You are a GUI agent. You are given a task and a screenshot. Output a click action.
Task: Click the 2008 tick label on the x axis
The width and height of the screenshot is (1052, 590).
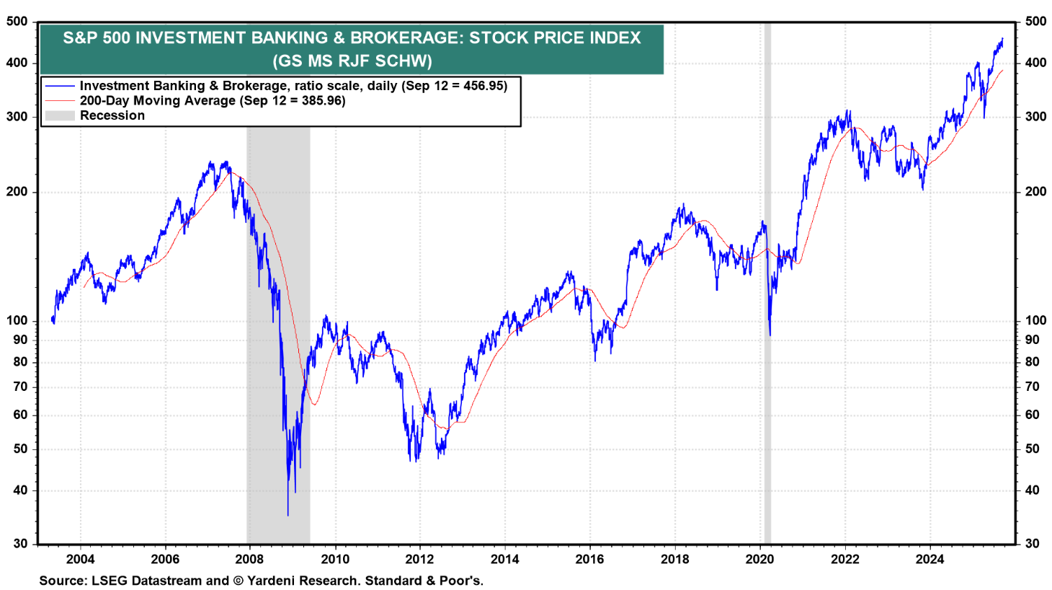click(250, 559)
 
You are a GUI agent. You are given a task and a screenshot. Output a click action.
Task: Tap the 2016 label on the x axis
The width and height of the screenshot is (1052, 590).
click(590, 559)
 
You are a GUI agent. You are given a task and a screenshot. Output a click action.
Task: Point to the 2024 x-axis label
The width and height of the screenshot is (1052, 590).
click(930, 559)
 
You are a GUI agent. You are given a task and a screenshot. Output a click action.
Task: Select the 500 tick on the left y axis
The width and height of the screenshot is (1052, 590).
click(17, 22)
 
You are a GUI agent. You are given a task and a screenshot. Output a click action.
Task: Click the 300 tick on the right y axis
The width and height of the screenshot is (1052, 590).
click(1036, 117)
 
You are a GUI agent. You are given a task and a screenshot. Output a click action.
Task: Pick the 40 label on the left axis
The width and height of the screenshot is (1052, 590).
click(21, 490)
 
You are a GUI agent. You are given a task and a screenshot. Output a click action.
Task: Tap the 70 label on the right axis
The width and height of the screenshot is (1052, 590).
click(1033, 387)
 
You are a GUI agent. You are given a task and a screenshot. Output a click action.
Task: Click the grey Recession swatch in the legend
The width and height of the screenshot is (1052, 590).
click(59, 115)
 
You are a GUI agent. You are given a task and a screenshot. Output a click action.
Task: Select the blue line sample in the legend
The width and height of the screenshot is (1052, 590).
click(59, 86)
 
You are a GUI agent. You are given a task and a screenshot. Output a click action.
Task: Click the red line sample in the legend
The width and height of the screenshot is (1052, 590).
click(59, 101)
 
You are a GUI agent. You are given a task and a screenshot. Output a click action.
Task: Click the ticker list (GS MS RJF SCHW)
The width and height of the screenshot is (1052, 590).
click(352, 61)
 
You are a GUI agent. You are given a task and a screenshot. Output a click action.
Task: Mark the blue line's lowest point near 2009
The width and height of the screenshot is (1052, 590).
click(287, 515)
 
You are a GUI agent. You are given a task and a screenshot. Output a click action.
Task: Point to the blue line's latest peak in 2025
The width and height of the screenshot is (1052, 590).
click(1002, 39)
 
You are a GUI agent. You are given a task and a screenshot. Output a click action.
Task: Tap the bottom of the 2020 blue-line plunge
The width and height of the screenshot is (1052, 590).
click(770, 335)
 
